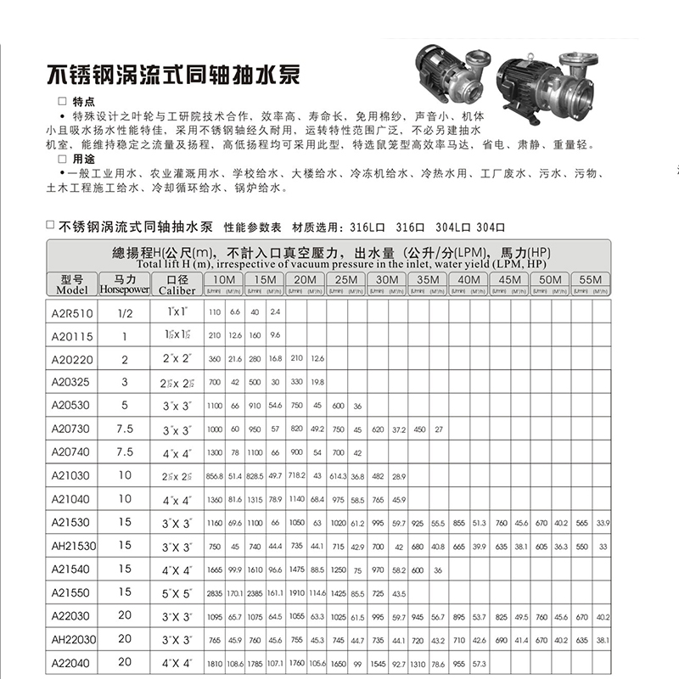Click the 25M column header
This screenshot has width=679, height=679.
click(346, 280)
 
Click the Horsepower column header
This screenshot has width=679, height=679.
click(125, 283)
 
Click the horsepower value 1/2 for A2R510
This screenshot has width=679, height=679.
click(125, 312)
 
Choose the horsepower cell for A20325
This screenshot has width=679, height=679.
click(125, 382)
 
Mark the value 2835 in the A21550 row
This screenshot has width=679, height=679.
click(213, 592)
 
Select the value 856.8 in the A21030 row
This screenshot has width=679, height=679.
click(213, 475)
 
